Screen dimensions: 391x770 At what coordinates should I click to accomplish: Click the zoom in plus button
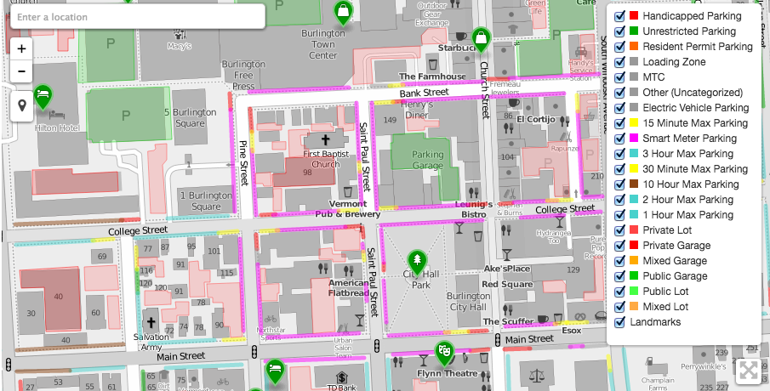point(21,48)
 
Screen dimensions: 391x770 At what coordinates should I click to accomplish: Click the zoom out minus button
point(21,71)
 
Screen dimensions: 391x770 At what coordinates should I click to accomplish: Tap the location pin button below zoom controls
point(21,105)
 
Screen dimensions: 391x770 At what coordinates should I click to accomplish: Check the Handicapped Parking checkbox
point(620,16)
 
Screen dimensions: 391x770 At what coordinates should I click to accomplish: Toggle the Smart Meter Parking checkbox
point(620,139)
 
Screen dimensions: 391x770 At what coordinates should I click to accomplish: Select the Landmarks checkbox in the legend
point(620,322)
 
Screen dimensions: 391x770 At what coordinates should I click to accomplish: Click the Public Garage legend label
point(675,276)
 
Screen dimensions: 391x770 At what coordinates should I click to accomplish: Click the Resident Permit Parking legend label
point(697,47)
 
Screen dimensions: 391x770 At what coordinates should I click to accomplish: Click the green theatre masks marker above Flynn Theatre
point(443,351)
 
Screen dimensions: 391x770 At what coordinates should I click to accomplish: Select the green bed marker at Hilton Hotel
point(43,96)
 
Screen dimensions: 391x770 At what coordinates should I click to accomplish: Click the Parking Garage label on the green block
point(428,160)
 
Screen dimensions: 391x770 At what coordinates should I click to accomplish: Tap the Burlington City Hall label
point(467,302)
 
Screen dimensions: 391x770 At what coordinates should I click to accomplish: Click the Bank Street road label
point(424,93)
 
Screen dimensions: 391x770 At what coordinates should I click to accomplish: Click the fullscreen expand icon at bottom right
point(748,371)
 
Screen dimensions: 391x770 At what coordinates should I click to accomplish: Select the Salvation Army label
point(151,342)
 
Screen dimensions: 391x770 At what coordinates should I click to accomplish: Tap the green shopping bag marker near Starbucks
point(481,38)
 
